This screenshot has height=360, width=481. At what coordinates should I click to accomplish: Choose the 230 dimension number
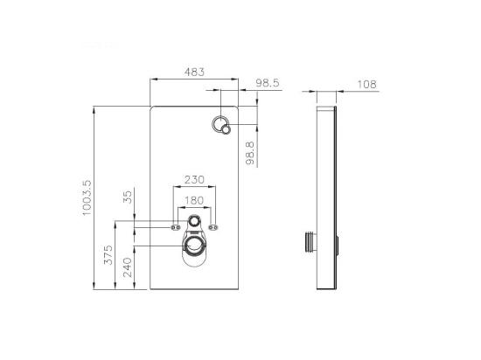(193, 180)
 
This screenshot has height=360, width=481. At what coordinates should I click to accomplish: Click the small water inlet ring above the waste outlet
(194, 224)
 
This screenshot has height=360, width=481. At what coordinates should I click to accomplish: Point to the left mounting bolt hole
(171, 228)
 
